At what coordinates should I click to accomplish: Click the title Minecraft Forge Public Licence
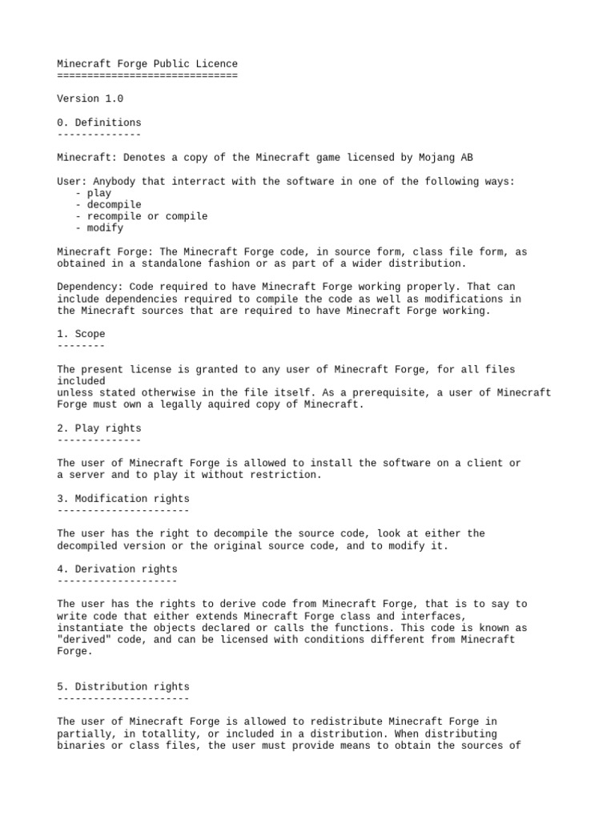[147, 64]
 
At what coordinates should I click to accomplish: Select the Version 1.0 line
[90, 99]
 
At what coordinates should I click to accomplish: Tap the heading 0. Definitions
[99, 123]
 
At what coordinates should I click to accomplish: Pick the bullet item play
[99, 193]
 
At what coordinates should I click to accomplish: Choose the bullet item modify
[105, 228]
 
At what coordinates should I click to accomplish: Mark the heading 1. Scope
[81, 334]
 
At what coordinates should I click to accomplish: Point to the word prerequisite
[407, 392]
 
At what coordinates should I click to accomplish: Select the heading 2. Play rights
[99, 428]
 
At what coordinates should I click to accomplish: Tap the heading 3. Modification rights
[123, 499]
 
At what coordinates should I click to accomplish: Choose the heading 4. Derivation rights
[117, 569]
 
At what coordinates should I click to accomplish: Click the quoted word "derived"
[84, 640]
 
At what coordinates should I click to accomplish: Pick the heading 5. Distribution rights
[123, 686]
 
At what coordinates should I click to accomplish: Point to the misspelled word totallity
[160, 734]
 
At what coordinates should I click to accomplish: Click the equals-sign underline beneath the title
[147, 75]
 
